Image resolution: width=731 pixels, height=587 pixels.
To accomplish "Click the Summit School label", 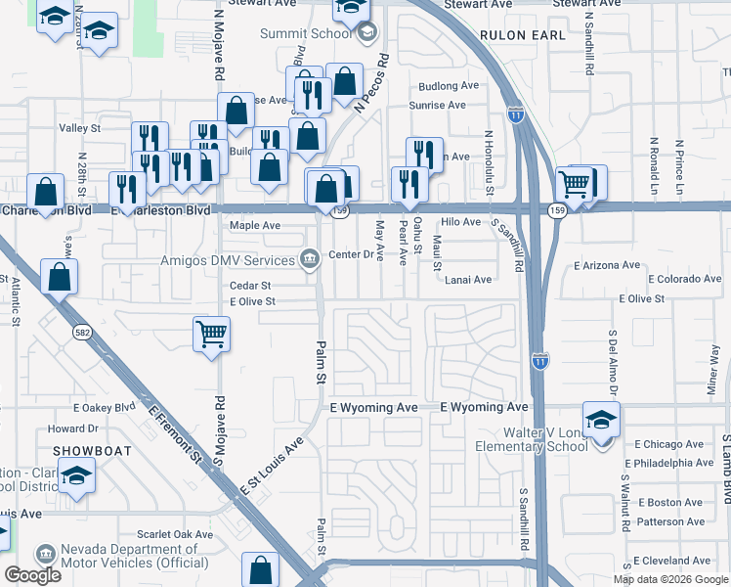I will pyautogui.click(x=306, y=33).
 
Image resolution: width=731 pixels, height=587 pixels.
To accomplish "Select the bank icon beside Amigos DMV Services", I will pyautogui.click(x=310, y=259).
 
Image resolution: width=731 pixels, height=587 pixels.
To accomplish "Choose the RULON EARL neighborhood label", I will pyautogui.click(x=523, y=34).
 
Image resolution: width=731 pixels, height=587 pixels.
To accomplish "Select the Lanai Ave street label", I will pyautogui.click(x=468, y=280).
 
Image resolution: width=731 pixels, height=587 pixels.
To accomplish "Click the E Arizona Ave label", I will pyautogui.click(x=607, y=265).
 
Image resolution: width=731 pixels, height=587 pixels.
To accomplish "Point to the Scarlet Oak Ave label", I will pyautogui.click(x=175, y=535).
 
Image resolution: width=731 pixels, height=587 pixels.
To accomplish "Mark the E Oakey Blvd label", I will pyautogui.click(x=104, y=407).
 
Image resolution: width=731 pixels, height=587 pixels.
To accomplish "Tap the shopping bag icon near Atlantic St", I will pyautogui.click(x=60, y=278).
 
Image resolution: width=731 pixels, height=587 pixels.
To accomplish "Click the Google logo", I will pyautogui.click(x=32, y=575).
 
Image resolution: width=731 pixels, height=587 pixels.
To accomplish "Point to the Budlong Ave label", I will pyautogui.click(x=449, y=85).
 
